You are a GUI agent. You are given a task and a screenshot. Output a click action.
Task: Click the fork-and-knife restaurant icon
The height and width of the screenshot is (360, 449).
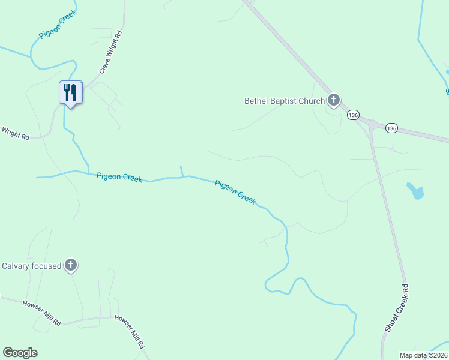click(71, 93)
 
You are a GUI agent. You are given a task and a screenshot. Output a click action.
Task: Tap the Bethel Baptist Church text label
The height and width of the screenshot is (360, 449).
click(284, 101)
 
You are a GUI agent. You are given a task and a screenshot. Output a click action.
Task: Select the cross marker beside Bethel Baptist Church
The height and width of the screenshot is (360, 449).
click(334, 100)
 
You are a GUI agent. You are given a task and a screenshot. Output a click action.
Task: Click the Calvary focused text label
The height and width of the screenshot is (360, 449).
click(32, 266)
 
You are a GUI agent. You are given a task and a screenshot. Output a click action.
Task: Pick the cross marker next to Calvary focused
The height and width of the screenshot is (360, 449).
click(71, 265)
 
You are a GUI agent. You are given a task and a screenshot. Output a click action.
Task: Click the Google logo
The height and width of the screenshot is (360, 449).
click(20, 353)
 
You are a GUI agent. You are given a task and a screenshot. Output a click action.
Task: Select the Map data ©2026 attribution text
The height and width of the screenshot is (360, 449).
click(424, 355)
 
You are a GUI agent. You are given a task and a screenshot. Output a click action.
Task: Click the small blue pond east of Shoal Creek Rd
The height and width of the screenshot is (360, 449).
click(415, 191)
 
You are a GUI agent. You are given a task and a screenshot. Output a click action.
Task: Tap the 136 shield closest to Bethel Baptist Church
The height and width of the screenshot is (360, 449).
click(353, 114)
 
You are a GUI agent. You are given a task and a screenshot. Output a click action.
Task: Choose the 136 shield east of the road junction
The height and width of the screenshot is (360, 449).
click(392, 128)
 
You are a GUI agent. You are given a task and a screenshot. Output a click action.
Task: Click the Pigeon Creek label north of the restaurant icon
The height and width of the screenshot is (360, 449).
click(52, 28)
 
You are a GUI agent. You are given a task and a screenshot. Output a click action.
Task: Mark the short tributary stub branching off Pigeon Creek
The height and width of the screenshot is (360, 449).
click(181, 171)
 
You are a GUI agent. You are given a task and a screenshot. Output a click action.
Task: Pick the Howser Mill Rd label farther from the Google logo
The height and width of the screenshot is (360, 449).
click(130, 332)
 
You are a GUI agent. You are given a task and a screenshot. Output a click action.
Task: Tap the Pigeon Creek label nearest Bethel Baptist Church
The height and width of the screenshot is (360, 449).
click(235, 192)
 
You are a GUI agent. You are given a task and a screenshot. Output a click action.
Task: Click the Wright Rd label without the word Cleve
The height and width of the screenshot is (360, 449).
click(16, 133)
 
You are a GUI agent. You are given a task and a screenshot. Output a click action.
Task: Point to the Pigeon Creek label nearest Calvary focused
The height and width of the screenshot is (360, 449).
click(119, 178)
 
